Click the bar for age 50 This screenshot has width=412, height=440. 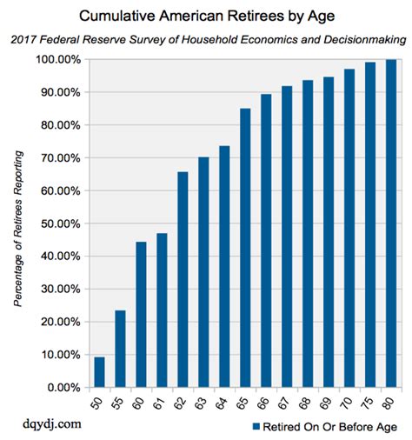(x=99, y=372)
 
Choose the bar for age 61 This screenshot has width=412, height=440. (x=162, y=310)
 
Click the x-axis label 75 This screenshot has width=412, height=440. (x=370, y=403)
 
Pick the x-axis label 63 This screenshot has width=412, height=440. (x=204, y=403)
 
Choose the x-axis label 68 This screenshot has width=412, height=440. (x=308, y=403)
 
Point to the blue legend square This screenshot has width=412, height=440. (x=256, y=426)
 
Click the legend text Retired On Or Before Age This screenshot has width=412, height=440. (x=330, y=426)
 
